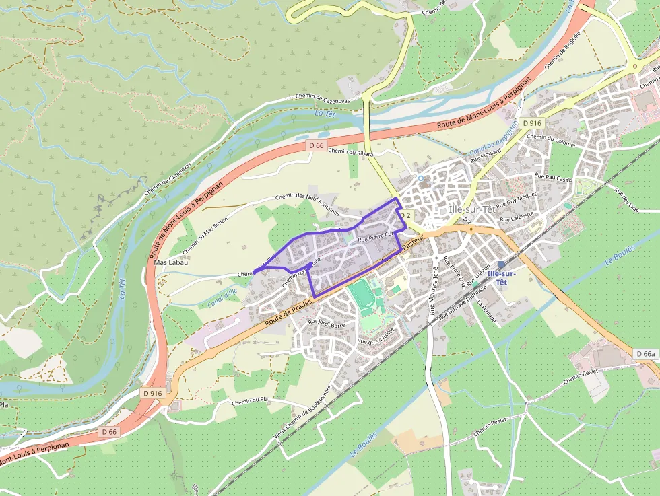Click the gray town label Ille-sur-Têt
[x=472, y=209]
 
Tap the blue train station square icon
[x=501, y=264]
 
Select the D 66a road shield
[x=645, y=354]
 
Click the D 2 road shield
[x=405, y=215]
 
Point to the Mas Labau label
[x=170, y=262]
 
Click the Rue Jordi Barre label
[x=327, y=323]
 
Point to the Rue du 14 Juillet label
[x=376, y=337]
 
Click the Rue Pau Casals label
[x=553, y=178]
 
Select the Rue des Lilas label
[x=626, y=199]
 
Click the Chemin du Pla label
[x=250, y=401]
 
